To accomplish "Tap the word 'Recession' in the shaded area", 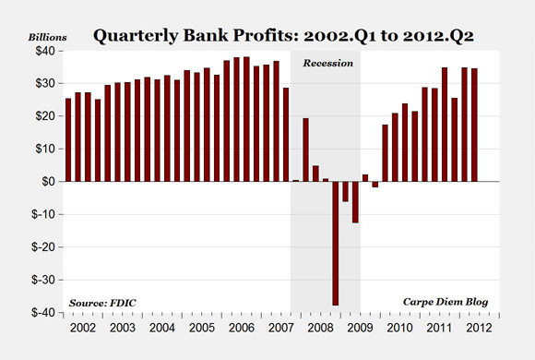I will [325, 66].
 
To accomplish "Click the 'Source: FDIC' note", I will [101, 303].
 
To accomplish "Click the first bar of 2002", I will [68, 139].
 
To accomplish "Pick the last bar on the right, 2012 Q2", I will [475, 125].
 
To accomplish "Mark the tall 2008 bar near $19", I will [306, 150].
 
